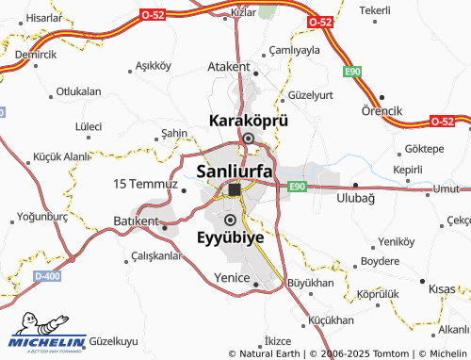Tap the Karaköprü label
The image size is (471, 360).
pos(247,122)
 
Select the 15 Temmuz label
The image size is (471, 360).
pos(145,183)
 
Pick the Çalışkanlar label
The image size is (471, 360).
pos(155,255)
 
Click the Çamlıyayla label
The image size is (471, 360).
pos(296,50)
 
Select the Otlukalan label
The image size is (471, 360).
pos(78,91)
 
